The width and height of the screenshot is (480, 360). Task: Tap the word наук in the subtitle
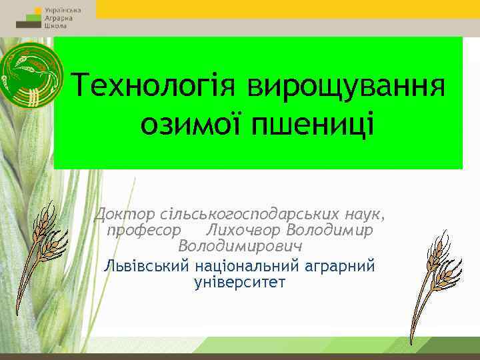click(365, 215)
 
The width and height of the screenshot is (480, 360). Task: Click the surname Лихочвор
click(243, 231)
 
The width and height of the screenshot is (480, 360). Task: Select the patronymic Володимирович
click(241, 246)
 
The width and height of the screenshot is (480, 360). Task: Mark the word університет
click(239, 282)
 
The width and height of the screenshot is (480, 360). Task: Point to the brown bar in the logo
click(28, 24)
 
